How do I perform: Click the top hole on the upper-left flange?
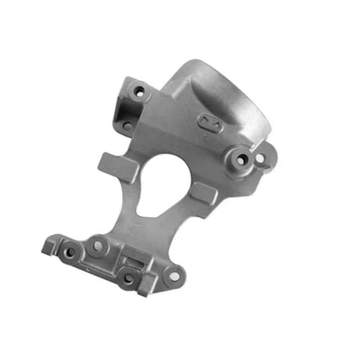(x=139, y=91)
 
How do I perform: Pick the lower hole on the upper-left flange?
(x=127, y=125)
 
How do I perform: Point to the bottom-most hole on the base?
(x=128, y=277)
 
